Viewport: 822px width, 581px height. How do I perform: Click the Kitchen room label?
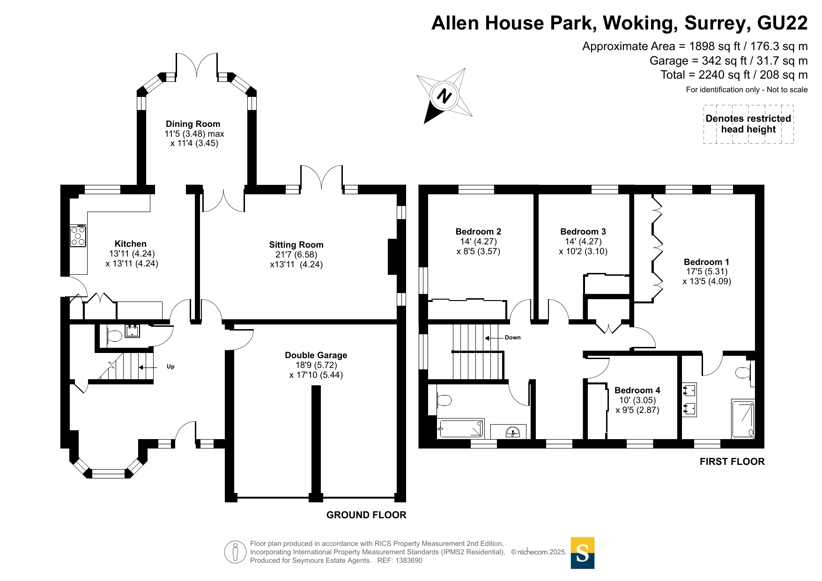(x=131, y=244)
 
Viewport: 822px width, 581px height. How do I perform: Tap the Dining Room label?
(x=193, y=124)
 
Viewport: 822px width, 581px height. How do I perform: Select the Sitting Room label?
(x=296, y=245)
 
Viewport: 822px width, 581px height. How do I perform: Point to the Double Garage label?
(x=316, y=355)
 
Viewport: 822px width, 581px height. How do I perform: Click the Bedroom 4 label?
(x=637, y=390)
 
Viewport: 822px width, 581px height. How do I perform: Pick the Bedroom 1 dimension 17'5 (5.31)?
(x=707, y=272)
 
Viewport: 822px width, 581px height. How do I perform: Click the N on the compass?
(x=444, y=96)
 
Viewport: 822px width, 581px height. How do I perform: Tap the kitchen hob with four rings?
(x=78, y=236)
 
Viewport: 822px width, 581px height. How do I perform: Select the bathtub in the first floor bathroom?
(x=461, y=428)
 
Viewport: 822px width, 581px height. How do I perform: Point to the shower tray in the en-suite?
(x=743, y=419)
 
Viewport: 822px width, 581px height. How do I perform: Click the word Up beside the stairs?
(x=170, y=367)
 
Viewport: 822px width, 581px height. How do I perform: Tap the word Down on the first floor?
(x=512, y=338)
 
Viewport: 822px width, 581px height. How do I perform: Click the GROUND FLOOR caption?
(x=366, y=515)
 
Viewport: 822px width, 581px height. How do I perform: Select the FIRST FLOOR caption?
(x=732, y=462)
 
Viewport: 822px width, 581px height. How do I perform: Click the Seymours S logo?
(x=583, y=553)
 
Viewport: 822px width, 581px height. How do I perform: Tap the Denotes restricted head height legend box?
(x=748, y=124)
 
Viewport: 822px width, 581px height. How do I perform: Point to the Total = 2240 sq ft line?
(x=734, y=75)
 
